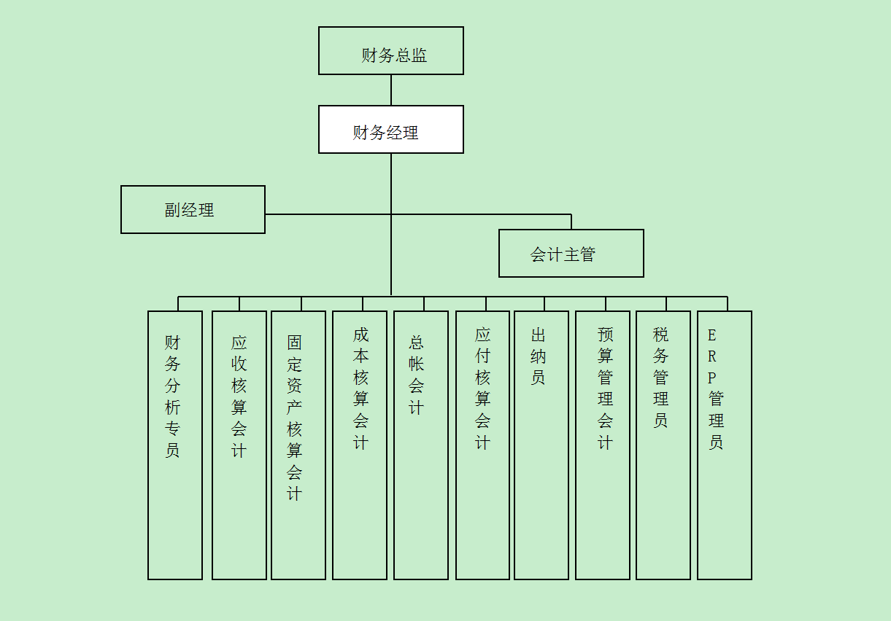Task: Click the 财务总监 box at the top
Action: pyautogui.click(x=390, y=51)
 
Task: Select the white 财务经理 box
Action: pyautogui.click(x=390, y=130)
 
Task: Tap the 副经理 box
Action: pyautogui.click(x=193, y=210)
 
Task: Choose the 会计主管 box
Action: pyautogui.click(x=571, y=254)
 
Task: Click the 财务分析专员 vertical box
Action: pyautogui.click(x=174, y=445)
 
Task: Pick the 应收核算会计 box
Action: pyautogui.click(x=239, y=445)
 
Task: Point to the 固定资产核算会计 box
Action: pyautogui.click(x=298, y=445)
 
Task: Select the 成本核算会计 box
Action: pyautogui.click(x=359, y=445)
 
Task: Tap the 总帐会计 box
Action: pyautogui.click(x=420, y=445)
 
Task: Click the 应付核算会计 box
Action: pyautogui.click(x=482, y=445)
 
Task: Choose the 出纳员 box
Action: pyautogui.click(x=541, y=445)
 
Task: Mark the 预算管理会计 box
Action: pyautogui.click(x=602, y=445)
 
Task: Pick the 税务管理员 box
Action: pyautogui.click(x=663, y=445)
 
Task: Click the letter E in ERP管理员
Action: pyautogui.click(x=712, y=335)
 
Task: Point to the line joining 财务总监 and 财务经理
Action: pyautogui.click(x=391, y=90)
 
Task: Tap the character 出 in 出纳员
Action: pyautogui.click(x=539, y=335)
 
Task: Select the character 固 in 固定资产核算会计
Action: pyautogui.click(x=294, y=343)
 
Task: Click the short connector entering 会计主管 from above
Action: pyautogui.click(x=571, y=222)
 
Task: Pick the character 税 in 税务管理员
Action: pyautogui.click(x=660, y=335)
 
